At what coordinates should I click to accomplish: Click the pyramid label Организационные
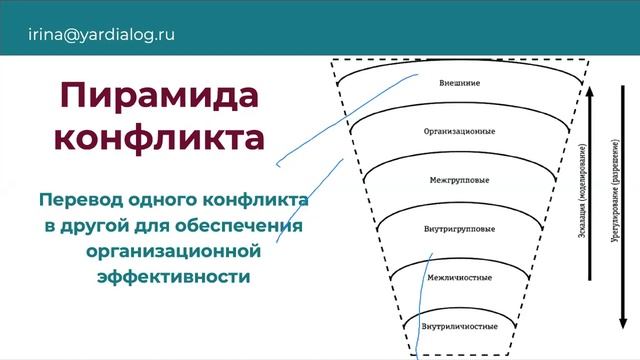(x=461, y=131)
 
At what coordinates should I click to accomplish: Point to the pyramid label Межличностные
(x=461, y=277)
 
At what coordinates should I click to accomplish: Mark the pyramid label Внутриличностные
(x=461, y=326)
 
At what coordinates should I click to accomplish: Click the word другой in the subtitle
(x=94, y=223)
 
